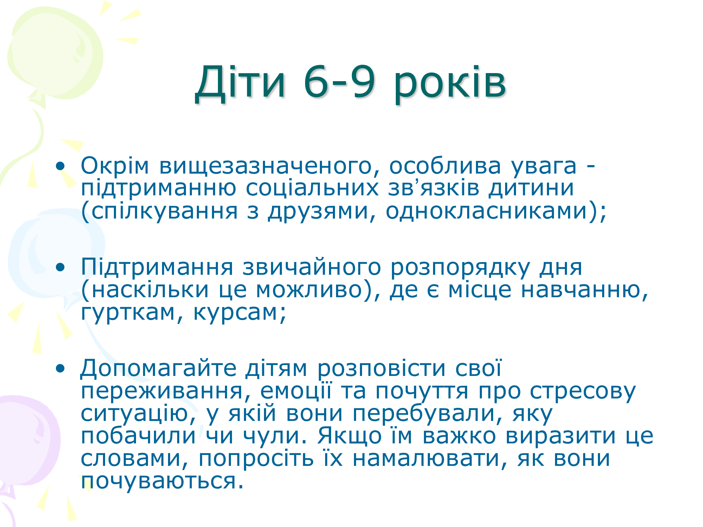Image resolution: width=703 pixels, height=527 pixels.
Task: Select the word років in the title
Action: click(450, 86)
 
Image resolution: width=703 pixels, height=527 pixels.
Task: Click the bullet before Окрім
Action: click(60, 166)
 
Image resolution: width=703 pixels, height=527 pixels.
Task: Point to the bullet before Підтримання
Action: click(60, 267)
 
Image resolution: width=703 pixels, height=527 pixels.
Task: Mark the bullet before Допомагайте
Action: click(60, 368)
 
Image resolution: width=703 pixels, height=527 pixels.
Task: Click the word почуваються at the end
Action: click(162, 481)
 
